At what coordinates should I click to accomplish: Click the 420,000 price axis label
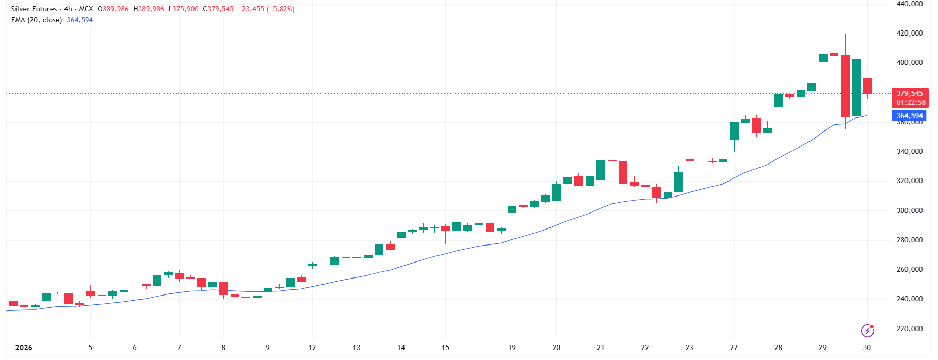pos(910,33)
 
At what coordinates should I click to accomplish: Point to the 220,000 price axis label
pos(910,329)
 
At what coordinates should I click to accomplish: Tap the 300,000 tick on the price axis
pos(910,210)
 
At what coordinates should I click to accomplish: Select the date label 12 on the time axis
pos(312,348)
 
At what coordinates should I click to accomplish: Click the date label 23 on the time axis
pos(689,348)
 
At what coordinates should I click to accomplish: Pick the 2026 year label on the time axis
pos(24,348)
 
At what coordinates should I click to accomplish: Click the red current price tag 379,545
pos(910,93)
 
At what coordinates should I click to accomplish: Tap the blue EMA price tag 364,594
pos(909,116)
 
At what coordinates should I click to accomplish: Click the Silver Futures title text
pos(34,9)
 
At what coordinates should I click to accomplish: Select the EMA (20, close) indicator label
pos(37,20)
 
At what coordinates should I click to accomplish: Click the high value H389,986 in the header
pos(149,9)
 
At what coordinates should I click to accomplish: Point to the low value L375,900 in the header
pos(184,9)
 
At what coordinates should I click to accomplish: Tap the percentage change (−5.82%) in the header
pos(280,9)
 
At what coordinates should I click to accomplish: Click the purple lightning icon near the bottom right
pos(867,330)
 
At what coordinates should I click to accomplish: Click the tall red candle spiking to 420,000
pos(845,86)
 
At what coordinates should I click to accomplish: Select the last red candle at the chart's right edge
pos(867,86)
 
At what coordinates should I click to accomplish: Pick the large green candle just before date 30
pos(856,87)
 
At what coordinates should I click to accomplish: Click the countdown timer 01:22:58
pos(911,102)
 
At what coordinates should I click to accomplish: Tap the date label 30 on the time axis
pos(867,348)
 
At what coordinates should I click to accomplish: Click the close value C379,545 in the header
pos(218,9)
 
